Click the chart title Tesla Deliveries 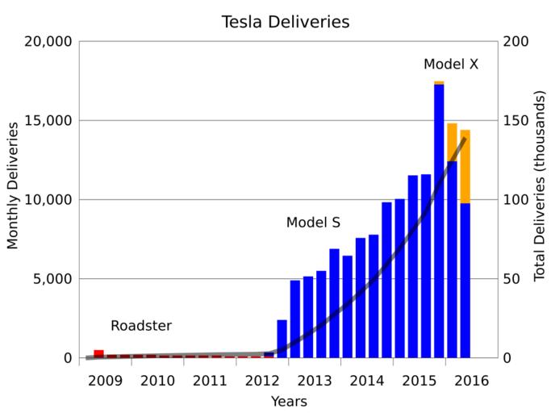(286, 22)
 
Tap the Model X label (451, 64)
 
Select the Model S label (313, 222)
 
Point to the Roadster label (141, 326)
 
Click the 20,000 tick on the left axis (45, 42)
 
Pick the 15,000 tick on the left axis (45, 121)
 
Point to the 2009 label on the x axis (105, 380)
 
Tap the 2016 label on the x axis (472, 380)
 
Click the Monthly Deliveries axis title (13, 186)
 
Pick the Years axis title (288, 401)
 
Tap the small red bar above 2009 (98, 353)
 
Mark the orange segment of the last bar (465, 166)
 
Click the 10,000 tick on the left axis (45, 200)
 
